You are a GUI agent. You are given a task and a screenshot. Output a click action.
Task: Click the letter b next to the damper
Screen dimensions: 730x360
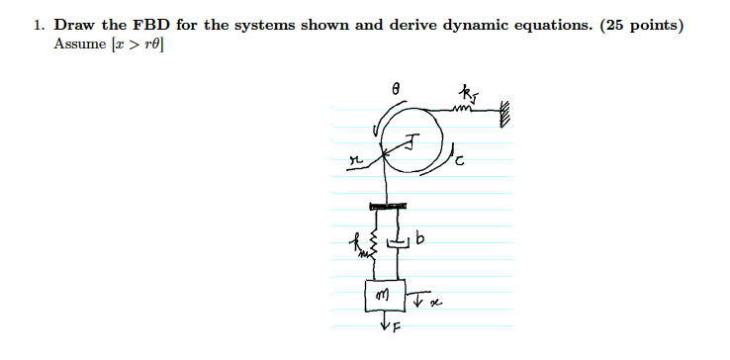point(422,239)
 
